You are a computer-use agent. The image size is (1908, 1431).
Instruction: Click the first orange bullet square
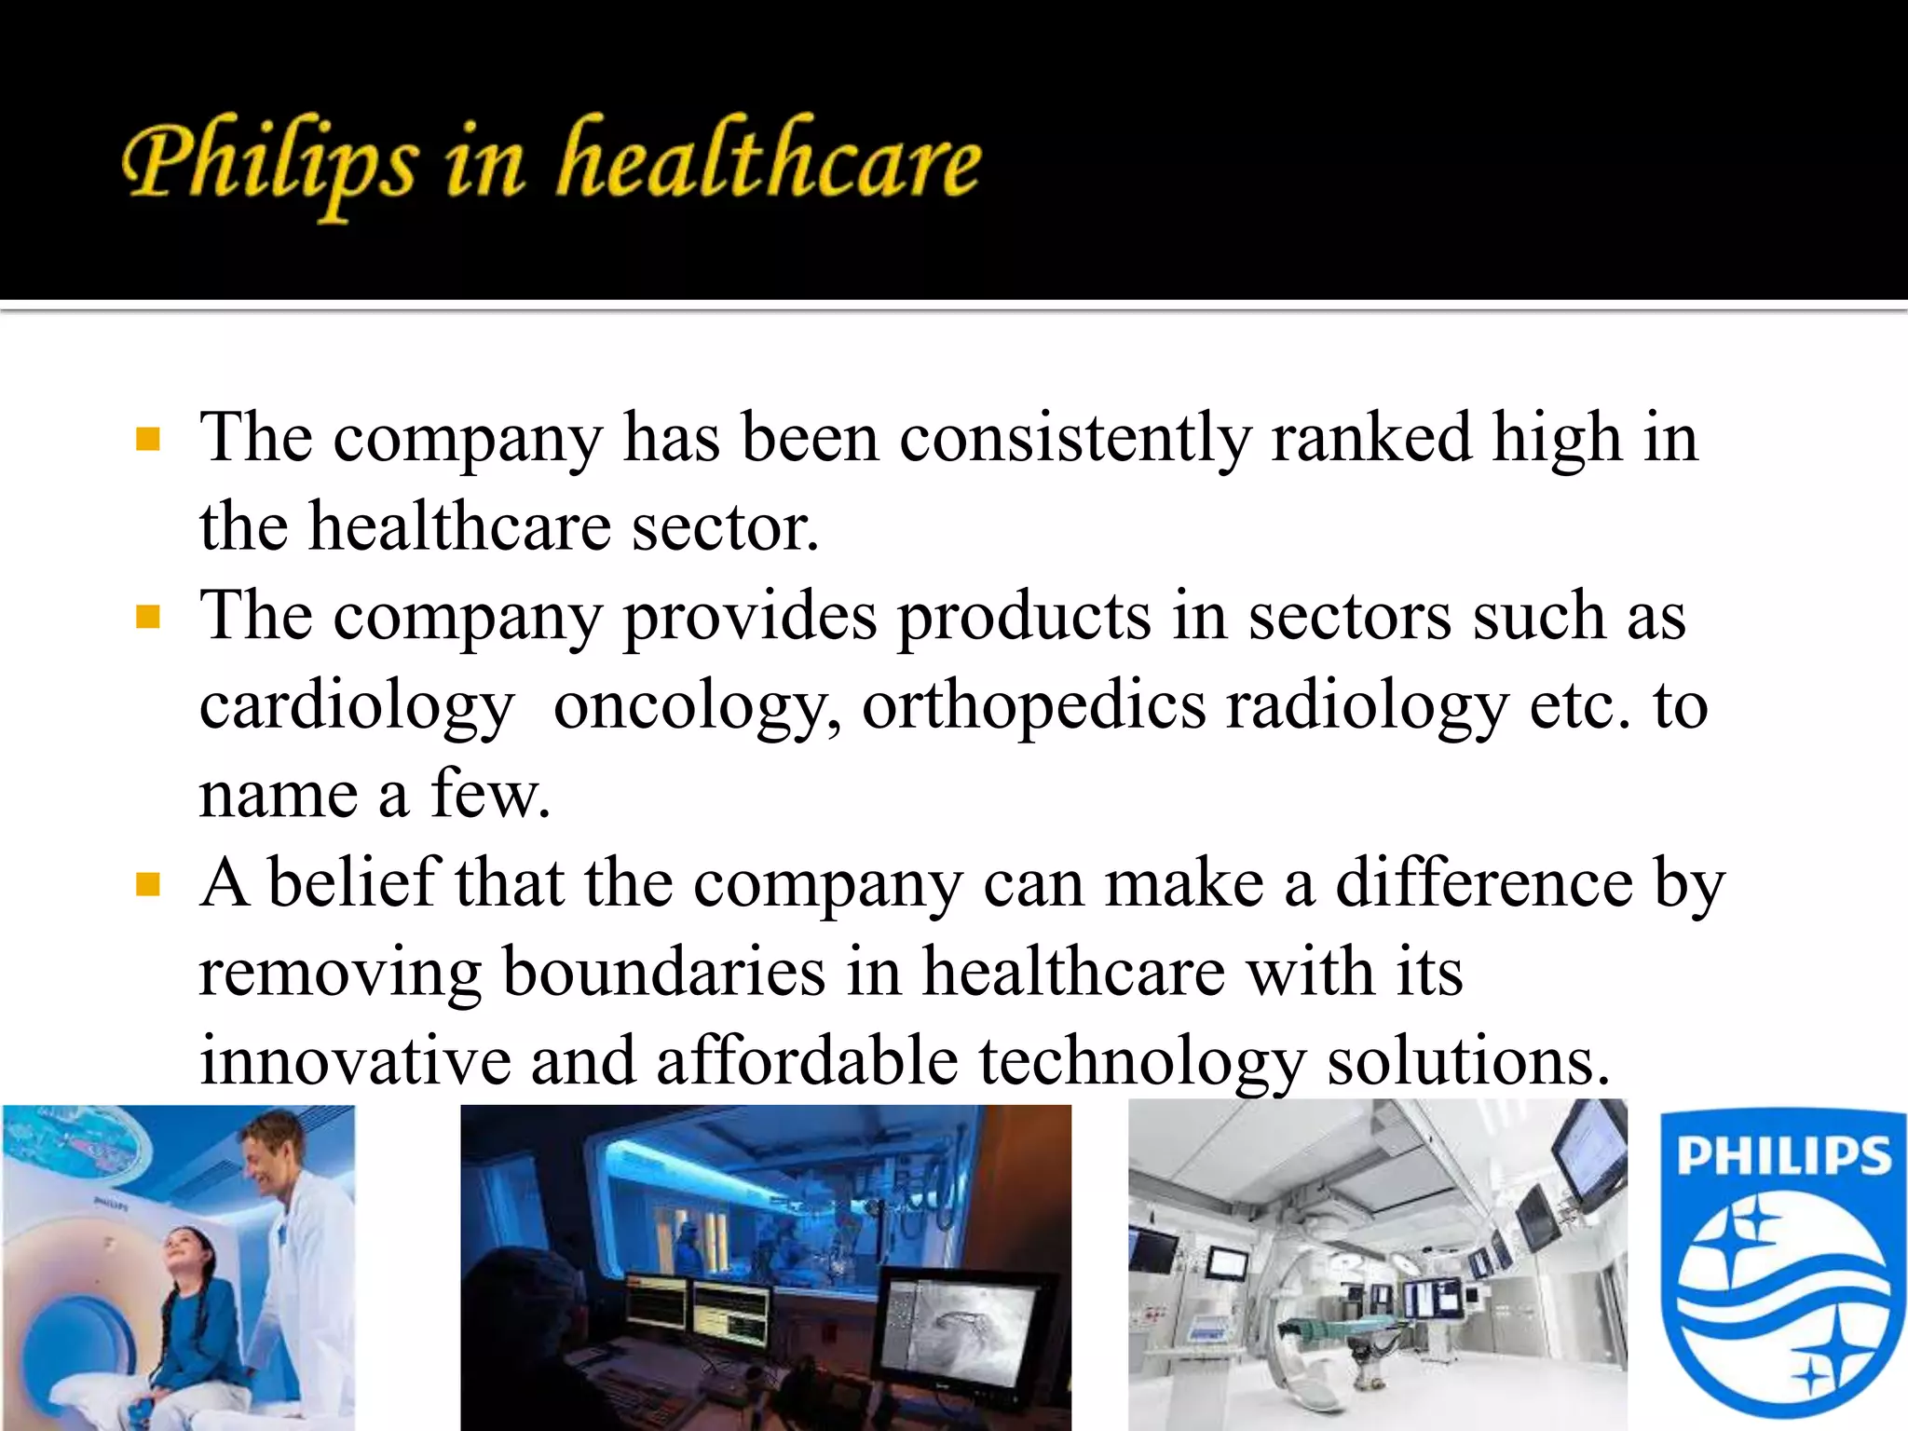point(148,439)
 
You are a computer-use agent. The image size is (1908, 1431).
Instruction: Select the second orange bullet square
point(148,617)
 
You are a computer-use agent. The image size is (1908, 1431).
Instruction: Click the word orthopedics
point(1034,706)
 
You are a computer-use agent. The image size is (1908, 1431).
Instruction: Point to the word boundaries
point(664,973)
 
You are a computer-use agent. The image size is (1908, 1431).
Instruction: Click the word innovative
point(355,1061)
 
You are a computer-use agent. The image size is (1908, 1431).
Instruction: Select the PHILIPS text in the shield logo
point(1784,1156)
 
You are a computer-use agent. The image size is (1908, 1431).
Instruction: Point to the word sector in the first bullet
point(726,527)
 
